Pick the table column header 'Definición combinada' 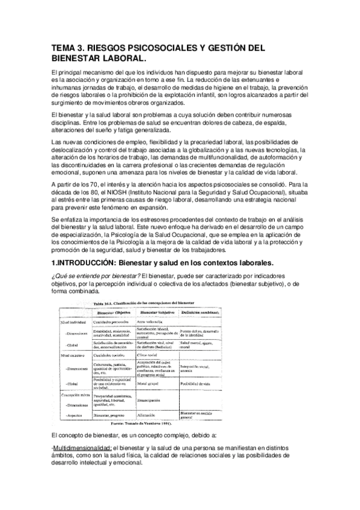coord(201,313)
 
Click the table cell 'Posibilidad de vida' coord(198,383)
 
